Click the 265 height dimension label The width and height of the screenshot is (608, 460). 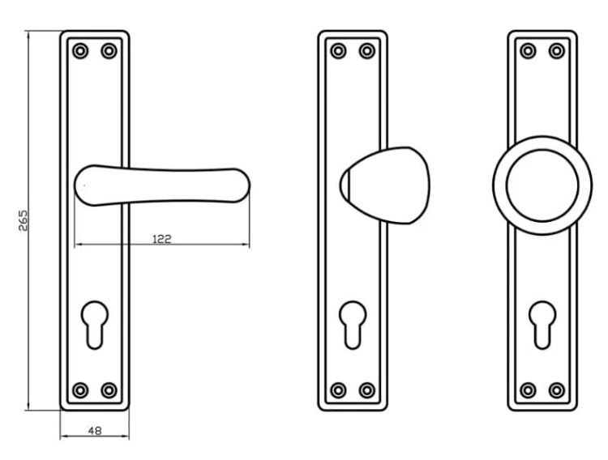click(24, 220)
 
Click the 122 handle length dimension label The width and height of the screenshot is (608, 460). click(161, 239)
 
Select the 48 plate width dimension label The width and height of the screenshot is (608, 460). click(95, 431)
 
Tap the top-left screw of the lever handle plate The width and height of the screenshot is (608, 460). click(80, 51)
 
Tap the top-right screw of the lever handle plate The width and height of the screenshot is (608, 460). click(109, 51)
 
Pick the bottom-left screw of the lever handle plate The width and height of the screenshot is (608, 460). click(80, 390)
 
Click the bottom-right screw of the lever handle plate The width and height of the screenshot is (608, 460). click(109, 390)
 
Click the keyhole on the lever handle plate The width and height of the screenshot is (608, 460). click(95, 325)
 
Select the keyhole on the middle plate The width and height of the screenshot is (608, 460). click(353, 325)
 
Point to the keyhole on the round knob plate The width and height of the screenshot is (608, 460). click(542, 325)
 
